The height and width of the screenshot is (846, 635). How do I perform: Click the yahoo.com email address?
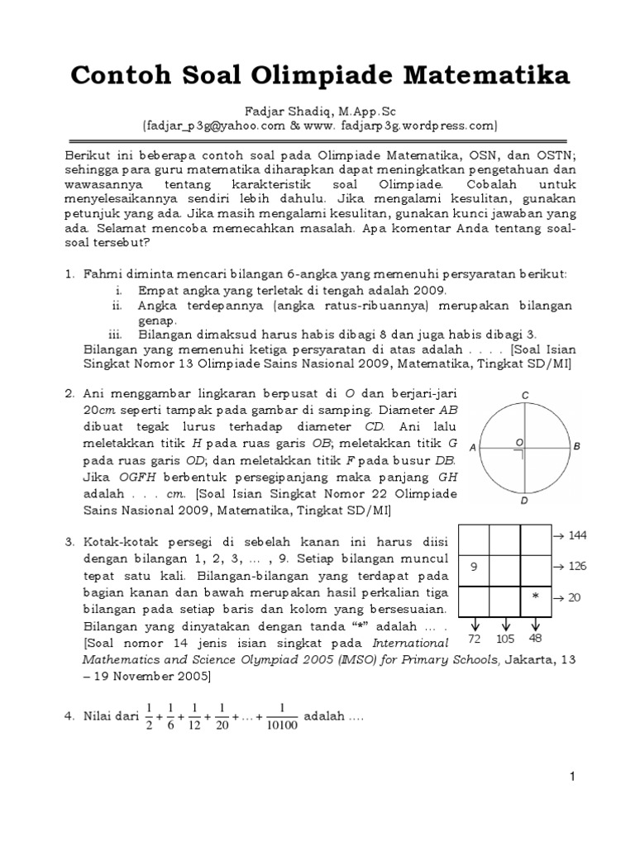(213, 125)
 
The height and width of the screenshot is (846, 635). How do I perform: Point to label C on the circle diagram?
(525, 396)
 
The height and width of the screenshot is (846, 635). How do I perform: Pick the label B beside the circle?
(577, 446)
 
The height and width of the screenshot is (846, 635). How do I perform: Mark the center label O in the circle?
(518, 443)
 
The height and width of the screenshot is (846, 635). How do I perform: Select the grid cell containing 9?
(474, 568)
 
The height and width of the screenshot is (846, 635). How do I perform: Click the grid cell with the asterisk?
(535, 596)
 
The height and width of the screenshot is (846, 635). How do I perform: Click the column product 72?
(475, 639)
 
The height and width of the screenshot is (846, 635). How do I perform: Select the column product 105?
(504, 639)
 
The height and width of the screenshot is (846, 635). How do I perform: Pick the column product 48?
(536, 639)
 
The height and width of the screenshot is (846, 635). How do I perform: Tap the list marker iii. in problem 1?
(115, 334)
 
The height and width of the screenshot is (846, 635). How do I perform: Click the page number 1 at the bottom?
(571, 777)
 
